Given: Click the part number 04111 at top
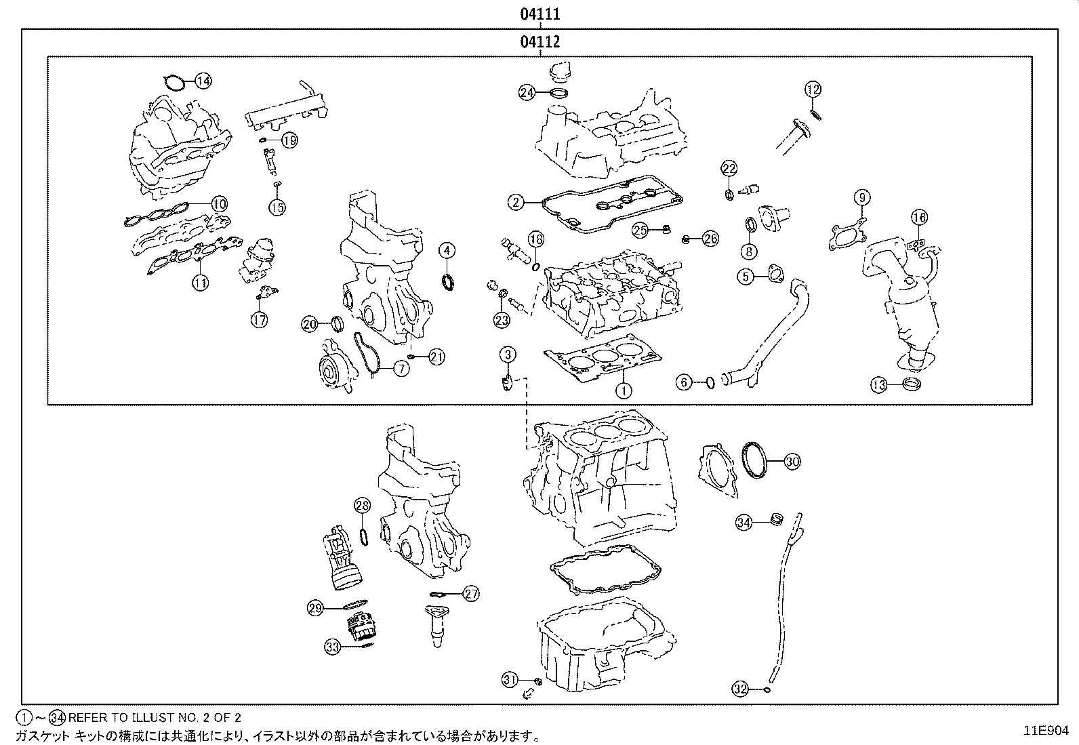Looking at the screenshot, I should pyautogui.click(x=539, y=14).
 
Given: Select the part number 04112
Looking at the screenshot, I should pyautogui.click(x=539, y=42).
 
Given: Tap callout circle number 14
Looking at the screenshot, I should pyautogui.click(x=203, y=81).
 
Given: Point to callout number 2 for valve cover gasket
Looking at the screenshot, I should pyautogui.click(x=516, y=201).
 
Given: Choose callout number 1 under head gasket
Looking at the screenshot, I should pyautogui.click(x=623, y=390).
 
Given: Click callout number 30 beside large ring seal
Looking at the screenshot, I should pyautogui.click(x=792, y=462).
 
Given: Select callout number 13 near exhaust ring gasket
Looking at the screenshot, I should pyautogui.click(x=879, y=385).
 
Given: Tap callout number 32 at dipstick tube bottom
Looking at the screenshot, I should pyautogui.click(x=741, y=689).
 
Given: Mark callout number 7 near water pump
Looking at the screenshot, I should pyautogui.click(x=402, y=369).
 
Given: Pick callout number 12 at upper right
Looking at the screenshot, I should pyautogui.click(x=813, y=89).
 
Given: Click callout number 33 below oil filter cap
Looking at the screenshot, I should pyautogui.click(x=332, y=647).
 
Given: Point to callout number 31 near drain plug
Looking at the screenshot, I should pyautogui.click(x=510, y=679).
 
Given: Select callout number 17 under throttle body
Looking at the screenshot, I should pyautogui.click(x=260, y=320).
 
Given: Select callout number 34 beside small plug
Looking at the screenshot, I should pyautogui.click(x=744, y=523).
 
